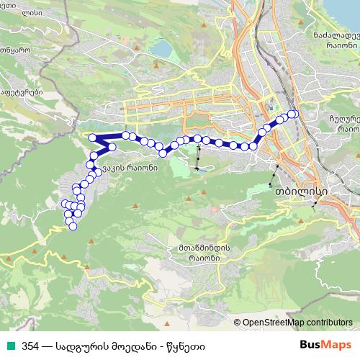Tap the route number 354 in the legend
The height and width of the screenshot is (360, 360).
31,345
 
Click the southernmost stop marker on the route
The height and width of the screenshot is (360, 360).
73,227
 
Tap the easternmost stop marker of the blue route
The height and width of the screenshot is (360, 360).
294,114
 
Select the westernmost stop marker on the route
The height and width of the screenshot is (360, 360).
66,204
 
